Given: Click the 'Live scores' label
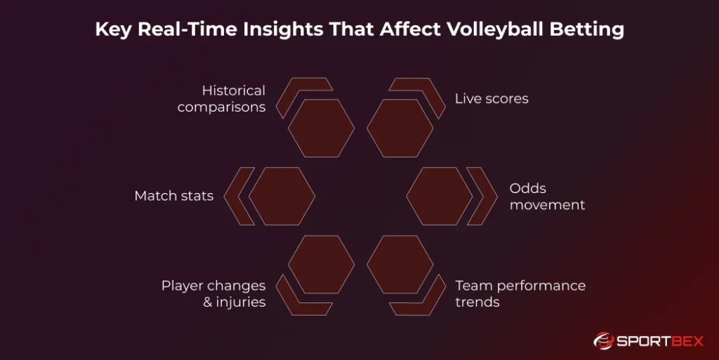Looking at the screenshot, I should point(492,99).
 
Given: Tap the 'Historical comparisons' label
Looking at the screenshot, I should point(221,99).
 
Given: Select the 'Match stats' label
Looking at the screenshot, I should point(173,196).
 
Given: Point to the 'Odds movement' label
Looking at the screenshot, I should point(547,196).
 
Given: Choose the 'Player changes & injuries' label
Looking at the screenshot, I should point(213,294).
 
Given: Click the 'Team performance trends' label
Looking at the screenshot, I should point(520,294).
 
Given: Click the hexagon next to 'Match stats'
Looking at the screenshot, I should point(282,196).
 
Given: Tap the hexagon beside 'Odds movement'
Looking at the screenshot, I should point(439,196).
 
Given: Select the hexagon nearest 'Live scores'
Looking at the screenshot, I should point(400,128).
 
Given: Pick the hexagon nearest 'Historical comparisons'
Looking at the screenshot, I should point(321,128).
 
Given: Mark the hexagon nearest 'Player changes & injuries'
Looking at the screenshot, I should point(321,264).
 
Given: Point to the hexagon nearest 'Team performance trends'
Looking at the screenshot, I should point(400,264).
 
